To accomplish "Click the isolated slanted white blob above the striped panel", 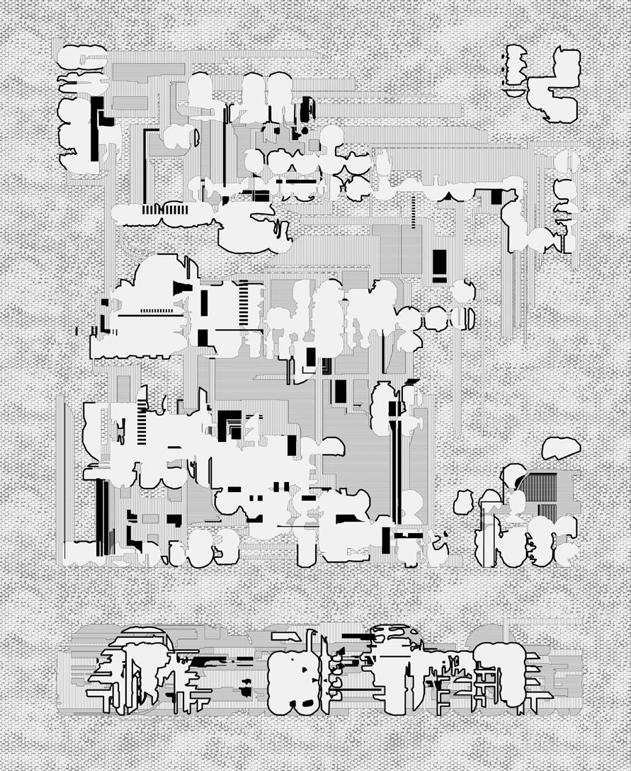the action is pyautogui.click(x=560, y=447).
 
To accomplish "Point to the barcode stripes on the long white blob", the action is pyautogui.click(x=164, y=210).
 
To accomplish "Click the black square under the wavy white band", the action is pyautogui.click(x=498, y=198).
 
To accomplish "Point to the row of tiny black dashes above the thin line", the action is pyautogui.click(x=157, y=310).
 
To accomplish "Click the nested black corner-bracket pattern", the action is pyautogui.click(x=231, y=424).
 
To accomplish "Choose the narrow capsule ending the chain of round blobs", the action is pyautogui.click(x=470, y=319).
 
